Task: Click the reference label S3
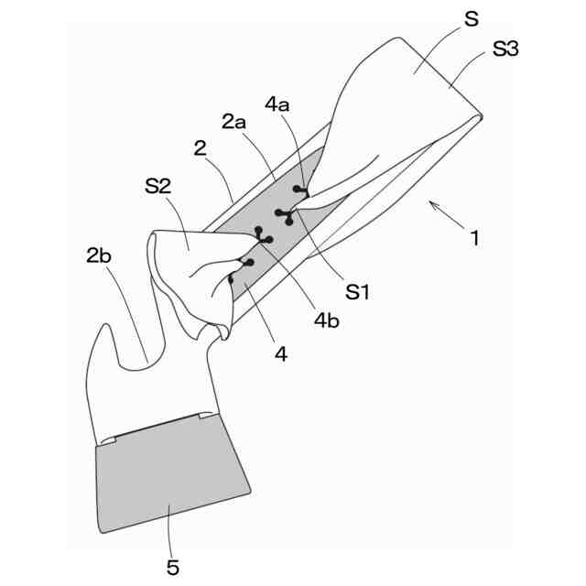coord(505,49)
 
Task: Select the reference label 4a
coord(277,104)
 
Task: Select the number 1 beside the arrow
coord(473,240)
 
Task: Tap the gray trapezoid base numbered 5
coord(169,472)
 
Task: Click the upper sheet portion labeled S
coord(403,82)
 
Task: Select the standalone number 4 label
coord(281,352)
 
